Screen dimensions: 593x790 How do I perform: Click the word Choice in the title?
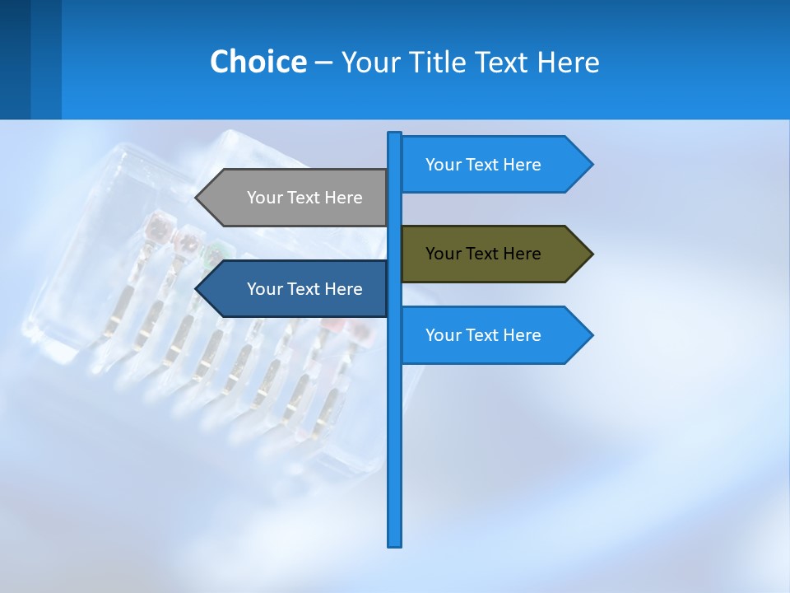pos(258,62)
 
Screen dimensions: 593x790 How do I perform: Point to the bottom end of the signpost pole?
pos(395,544)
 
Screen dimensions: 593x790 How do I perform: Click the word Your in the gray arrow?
pos(265,198)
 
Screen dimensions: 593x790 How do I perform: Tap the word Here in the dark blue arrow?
pos(343,289)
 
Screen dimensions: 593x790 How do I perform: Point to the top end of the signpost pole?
pos(395,134)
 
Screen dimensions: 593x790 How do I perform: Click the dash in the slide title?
pos(323,63)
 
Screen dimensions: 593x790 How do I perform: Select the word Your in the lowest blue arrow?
pos(444,335)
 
